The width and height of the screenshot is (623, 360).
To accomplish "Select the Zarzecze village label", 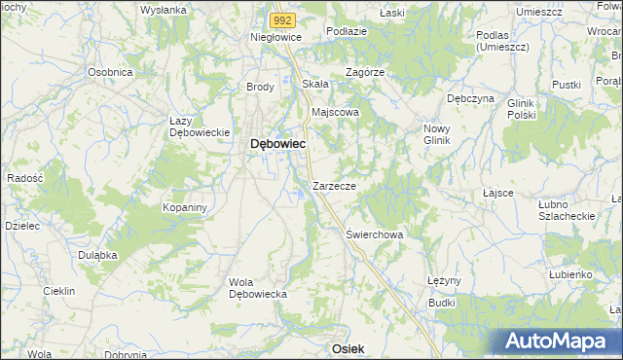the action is pyautogui.click(x=334, y=185).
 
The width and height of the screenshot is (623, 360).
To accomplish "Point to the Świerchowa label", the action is pyautogui.click(x=375, y=234).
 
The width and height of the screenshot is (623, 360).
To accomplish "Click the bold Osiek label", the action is pyautogui.click(x=348, y=348).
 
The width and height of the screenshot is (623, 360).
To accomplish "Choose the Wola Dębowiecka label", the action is pyautogui.click(x=255, y=288).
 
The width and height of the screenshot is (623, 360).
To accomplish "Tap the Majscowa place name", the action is pyautogui.click(x=335, y=112).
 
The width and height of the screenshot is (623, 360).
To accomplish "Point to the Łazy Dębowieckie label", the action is pyautogui.click(x=199, y=126).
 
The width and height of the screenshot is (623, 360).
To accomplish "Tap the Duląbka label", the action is pyautogui.click(x=97, y=254).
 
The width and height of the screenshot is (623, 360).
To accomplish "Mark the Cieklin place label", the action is pyautogui.click(x=60, y=291).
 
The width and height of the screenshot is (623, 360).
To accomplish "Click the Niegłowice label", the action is pyautogui.click(x=276, y=37).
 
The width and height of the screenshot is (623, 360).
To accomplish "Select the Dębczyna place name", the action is pyautogui.click(x=470, y=98).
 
